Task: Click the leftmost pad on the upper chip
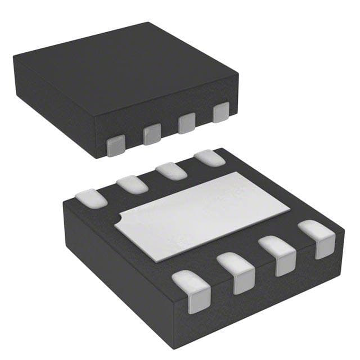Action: tap(116, 145)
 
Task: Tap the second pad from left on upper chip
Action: tap(152, 134)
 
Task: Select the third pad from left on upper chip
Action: tap(186, 123)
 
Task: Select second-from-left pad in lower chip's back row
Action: tap(132, 184)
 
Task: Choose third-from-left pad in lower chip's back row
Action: tap(171, 170)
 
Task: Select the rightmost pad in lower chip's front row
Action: tap(317, 238)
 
